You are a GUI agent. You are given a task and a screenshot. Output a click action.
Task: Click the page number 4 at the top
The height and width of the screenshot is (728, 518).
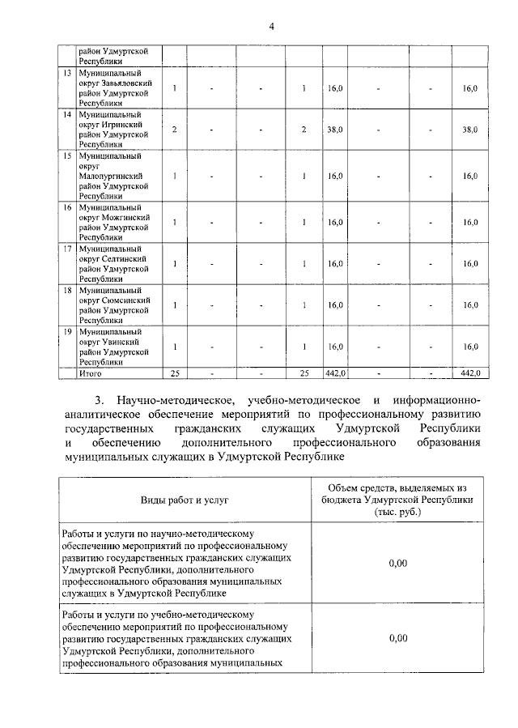(x=272, y=27)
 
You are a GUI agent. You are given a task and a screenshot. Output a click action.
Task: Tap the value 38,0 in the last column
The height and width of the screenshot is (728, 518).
(x=469, y=130)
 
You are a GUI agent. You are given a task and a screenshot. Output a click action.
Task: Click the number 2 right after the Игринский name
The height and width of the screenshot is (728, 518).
(x=175, y=130)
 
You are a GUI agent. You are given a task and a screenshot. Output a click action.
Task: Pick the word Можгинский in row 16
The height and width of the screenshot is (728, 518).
(x=126, y=217)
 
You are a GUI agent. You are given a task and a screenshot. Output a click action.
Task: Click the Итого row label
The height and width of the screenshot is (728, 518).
(x=91, y=373)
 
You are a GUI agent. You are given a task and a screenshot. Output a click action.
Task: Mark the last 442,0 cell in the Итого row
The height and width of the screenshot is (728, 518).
(x=469, y=373)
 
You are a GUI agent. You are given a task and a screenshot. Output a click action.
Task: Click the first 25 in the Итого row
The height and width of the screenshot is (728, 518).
(x=175, y=373)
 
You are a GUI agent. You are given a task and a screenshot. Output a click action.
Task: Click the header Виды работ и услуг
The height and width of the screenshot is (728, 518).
(x=187, y=500)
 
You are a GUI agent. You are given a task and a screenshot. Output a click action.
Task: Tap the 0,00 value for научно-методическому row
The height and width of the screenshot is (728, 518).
(x=397, y=563)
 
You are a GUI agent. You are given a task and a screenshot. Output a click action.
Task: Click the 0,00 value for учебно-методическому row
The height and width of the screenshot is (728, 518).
(x=397, y=638)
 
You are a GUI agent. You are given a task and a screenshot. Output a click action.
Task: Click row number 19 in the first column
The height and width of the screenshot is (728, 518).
(x=68, y=331)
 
